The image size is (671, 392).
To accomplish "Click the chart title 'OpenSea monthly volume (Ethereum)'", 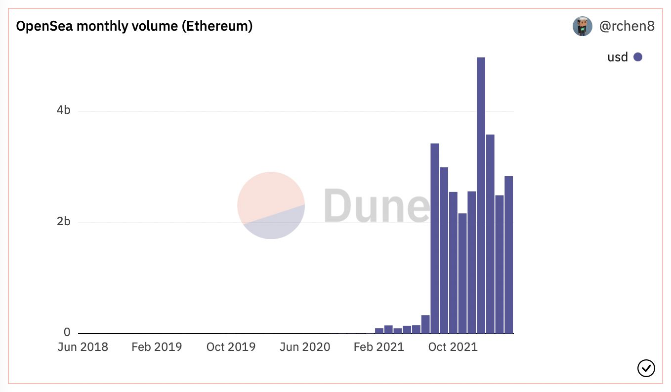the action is pos(134,26).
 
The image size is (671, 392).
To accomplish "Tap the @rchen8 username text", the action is pos(627,26).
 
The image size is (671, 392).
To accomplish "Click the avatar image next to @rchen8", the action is pos(583,26).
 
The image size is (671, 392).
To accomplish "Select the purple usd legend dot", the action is pos(638,57).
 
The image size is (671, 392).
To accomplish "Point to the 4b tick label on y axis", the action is pos(64,110).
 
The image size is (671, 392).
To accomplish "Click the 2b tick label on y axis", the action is pos(64,222).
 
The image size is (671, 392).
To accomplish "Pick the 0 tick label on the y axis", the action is pos(67,332).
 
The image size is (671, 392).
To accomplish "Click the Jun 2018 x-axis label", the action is pos(83,347).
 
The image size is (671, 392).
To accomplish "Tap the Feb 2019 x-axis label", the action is pos(157,347).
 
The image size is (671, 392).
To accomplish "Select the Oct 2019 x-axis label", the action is pos(231,347).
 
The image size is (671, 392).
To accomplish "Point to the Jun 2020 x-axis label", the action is pos(305,347).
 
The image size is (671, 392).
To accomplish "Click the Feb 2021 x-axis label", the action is pos(379,347).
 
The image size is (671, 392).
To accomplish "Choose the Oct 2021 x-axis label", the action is pos(453,347).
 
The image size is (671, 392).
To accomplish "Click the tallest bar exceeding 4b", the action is pos(481,195).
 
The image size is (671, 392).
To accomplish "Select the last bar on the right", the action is pos(508,254).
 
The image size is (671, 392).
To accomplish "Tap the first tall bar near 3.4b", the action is pos(435,239).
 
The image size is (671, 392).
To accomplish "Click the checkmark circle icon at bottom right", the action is pos(646,368).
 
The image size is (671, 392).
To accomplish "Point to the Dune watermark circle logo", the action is pos(271,205).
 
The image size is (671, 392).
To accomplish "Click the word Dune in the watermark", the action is pos(377,206).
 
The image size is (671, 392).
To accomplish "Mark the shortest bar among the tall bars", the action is pos(462,273).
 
